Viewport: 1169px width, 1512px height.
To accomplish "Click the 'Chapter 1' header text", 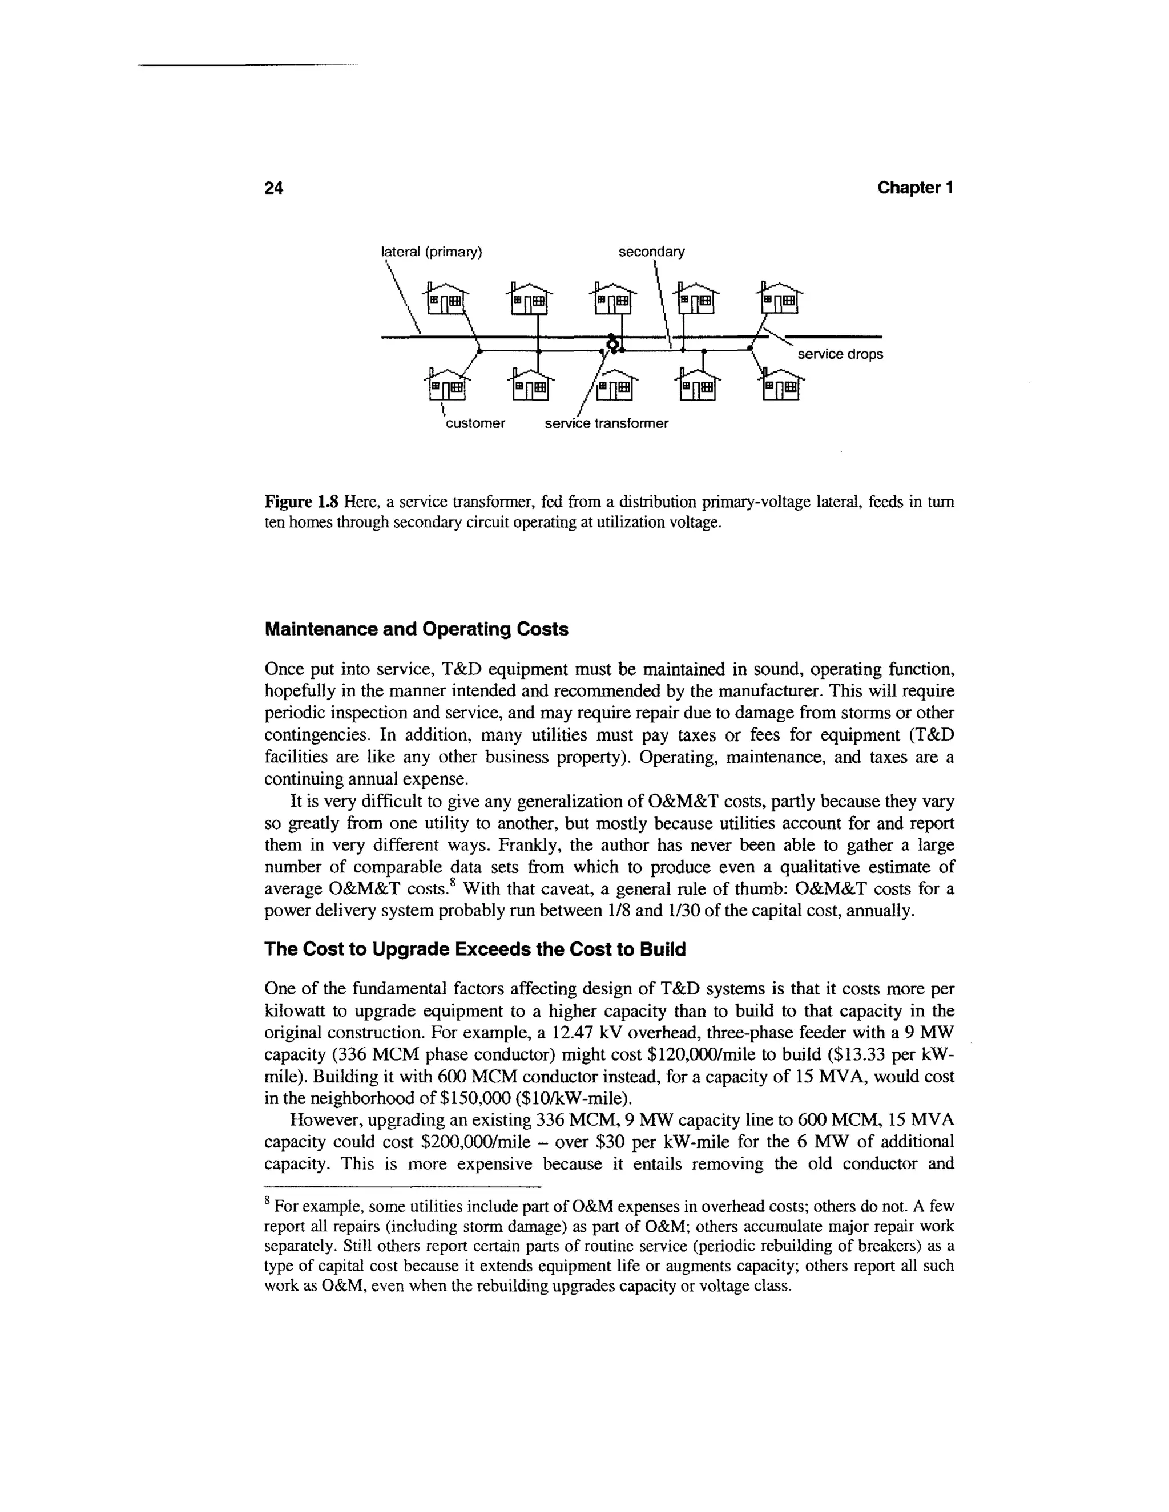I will (x=915, y=188).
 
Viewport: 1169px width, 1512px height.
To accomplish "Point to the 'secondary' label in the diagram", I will (x=650, y=252).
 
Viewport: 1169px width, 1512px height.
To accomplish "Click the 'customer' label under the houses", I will (x=474, y=423).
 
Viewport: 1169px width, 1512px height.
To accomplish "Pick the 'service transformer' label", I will (x=606, y=423).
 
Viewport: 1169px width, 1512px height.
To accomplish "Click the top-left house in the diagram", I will (x=447, y=298).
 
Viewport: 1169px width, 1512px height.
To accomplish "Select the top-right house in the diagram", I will (x=781, y=298).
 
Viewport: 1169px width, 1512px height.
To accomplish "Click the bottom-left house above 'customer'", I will (x=447, y=384).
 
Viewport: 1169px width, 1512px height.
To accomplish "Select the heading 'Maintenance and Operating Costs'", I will (x=416, y=629).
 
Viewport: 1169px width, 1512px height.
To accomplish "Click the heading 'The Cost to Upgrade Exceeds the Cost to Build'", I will (x=474, y=949).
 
